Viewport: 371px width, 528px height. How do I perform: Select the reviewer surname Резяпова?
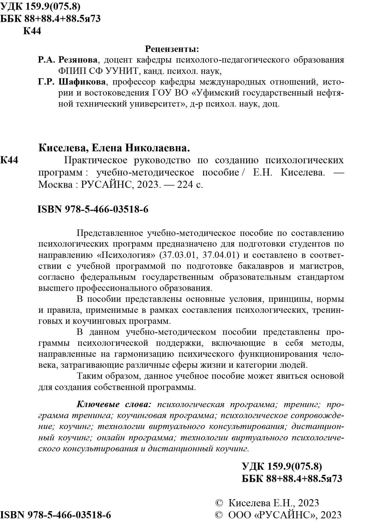(x=78, y=60)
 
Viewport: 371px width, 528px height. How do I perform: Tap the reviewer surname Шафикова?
(x=82, y=82)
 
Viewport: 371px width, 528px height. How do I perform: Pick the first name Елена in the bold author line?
(x=105, y=148)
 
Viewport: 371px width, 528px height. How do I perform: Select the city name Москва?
(x=55, y=185)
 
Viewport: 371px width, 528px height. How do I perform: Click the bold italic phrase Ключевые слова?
(x=114, y=405)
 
